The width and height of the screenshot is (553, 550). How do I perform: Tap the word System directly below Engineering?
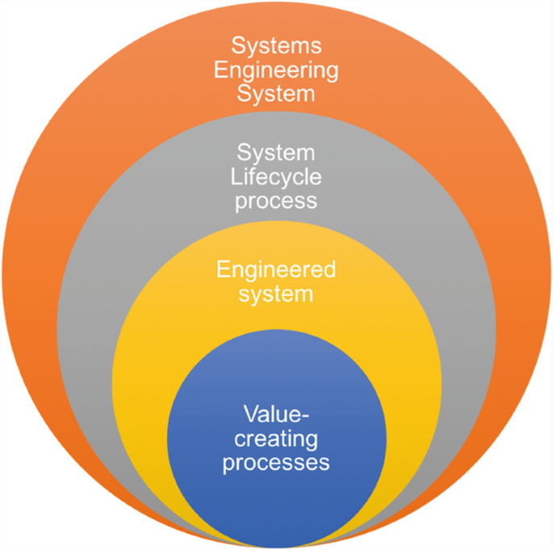275,94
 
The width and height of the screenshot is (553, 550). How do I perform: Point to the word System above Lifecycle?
275,152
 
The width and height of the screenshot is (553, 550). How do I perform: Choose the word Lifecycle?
275,176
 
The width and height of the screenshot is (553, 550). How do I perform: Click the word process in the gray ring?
275,200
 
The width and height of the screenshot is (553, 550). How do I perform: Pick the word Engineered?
275,270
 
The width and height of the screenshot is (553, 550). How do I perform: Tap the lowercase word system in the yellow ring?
275,294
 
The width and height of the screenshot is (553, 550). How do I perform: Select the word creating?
276,440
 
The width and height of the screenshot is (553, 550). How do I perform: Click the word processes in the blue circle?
276,463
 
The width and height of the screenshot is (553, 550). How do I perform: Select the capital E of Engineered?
222,269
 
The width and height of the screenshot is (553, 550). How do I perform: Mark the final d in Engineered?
328,269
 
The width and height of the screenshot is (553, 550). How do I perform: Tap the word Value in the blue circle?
271,415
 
